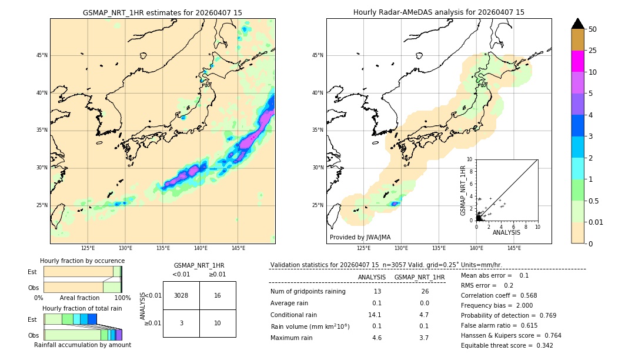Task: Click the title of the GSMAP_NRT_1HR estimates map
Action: pyautogui.click(x=162, y=12)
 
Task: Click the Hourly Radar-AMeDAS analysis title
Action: pyautogui.click(x=439, y=12)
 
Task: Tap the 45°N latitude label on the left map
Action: pyautogui.click(x=42, y=55)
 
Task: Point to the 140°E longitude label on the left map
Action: pyautogui.click(x=200, y=248)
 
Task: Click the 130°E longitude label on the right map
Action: pyautogui.click(x=402, y=248)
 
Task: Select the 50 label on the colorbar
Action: pyautogui.click(x=593, y=29)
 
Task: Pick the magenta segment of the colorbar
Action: pyautogui.click(x=577, y=61)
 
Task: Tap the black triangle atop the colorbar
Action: pyautogui.click(x=577, y=24)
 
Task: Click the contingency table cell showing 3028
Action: pyautogui.click(x=181, y=295)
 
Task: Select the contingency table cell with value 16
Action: pyautogui.click(x=218, y=295)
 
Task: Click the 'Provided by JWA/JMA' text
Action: pyautogui.click(x=360, y=237)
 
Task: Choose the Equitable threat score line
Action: pyautogui.click(x=507, y=345)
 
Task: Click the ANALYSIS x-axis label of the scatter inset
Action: pyautogui.click(x=506, y=232)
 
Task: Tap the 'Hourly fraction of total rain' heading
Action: pyautogui.click(x=82, y=309)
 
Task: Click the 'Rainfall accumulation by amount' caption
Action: pyautogui.click(x=82, y=345)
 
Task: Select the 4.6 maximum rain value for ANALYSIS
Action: pyautogui.click(x=377, y=338)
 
